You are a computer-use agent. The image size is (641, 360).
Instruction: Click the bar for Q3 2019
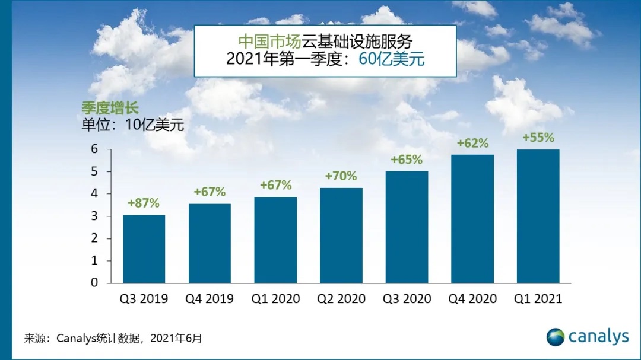(144, 249)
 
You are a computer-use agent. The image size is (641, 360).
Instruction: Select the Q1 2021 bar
(538, 216)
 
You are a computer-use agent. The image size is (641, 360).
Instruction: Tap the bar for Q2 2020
(341, 235)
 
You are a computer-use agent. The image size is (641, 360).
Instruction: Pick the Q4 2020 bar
(472, 219)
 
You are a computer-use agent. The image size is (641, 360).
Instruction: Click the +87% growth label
(144, 203)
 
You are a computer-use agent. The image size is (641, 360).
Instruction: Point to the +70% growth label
(341, 176)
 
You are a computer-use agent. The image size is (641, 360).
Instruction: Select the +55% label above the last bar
(538, 138)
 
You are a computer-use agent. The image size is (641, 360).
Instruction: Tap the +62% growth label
(472, 143)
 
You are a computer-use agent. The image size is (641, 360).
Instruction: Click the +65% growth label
(407, 160)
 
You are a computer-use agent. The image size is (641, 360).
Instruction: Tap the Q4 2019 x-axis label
(210, 299)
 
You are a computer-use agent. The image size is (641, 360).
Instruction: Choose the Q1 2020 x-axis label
(275, 299)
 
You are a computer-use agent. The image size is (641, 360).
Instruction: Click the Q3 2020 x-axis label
(407, 299)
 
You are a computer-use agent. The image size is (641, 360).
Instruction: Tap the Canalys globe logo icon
(556, 337)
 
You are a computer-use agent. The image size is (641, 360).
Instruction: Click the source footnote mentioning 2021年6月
(113, 339)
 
